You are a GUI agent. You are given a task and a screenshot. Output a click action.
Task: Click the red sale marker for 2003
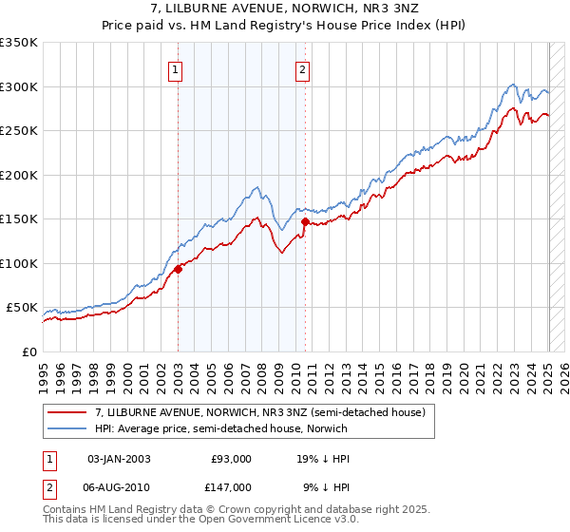point(178,269)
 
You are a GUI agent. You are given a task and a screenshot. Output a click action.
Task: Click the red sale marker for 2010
point(305,221)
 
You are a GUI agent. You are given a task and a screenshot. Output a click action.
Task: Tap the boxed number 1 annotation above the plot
point(178,67)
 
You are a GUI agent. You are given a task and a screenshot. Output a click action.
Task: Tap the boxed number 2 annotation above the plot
point(302,67)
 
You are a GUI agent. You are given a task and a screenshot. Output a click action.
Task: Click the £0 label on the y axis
point(28,351)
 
